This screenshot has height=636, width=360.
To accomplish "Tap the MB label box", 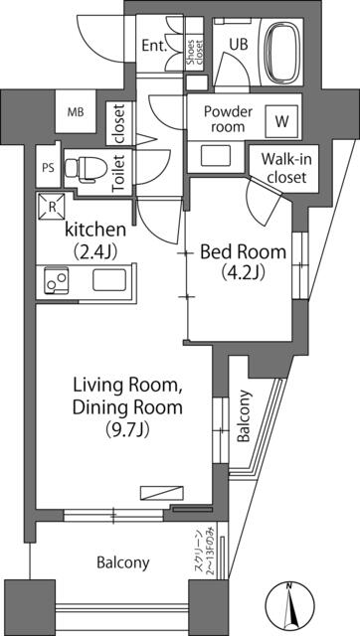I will point(76,112).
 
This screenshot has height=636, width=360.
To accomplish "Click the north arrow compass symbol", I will point(289,605).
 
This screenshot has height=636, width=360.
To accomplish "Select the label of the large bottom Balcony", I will point(122,562).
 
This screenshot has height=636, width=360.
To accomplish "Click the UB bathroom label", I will point(239,44).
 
